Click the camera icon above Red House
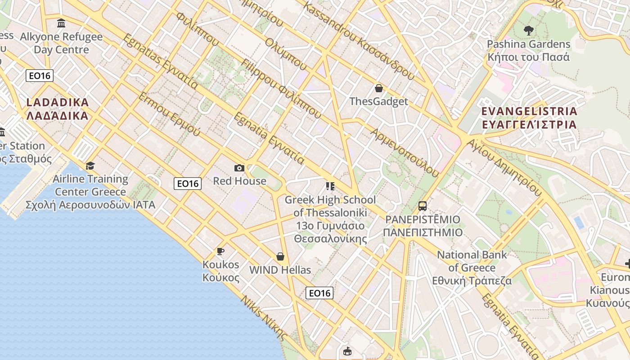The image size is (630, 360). click(x=239, y=168)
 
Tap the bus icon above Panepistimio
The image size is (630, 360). click(x=422, y=206)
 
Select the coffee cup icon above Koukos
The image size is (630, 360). click(x=220, y=251)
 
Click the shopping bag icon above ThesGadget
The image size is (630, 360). click(x=379, y=88)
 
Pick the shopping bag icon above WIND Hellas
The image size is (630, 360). click(x=280, y=256)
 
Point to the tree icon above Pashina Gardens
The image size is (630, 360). click(x=529, y=31)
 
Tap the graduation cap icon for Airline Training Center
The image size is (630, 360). click(x=90, y=166)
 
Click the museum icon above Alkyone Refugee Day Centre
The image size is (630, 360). click(x=61, y=23)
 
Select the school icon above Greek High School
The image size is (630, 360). click(x=330, y=186)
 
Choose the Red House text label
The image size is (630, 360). click(x=239, y=181)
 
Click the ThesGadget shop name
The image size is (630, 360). click(x=379, y=101)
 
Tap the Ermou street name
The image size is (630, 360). click(x=169, y=114)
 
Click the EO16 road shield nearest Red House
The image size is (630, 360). click(x=188, y=183)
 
